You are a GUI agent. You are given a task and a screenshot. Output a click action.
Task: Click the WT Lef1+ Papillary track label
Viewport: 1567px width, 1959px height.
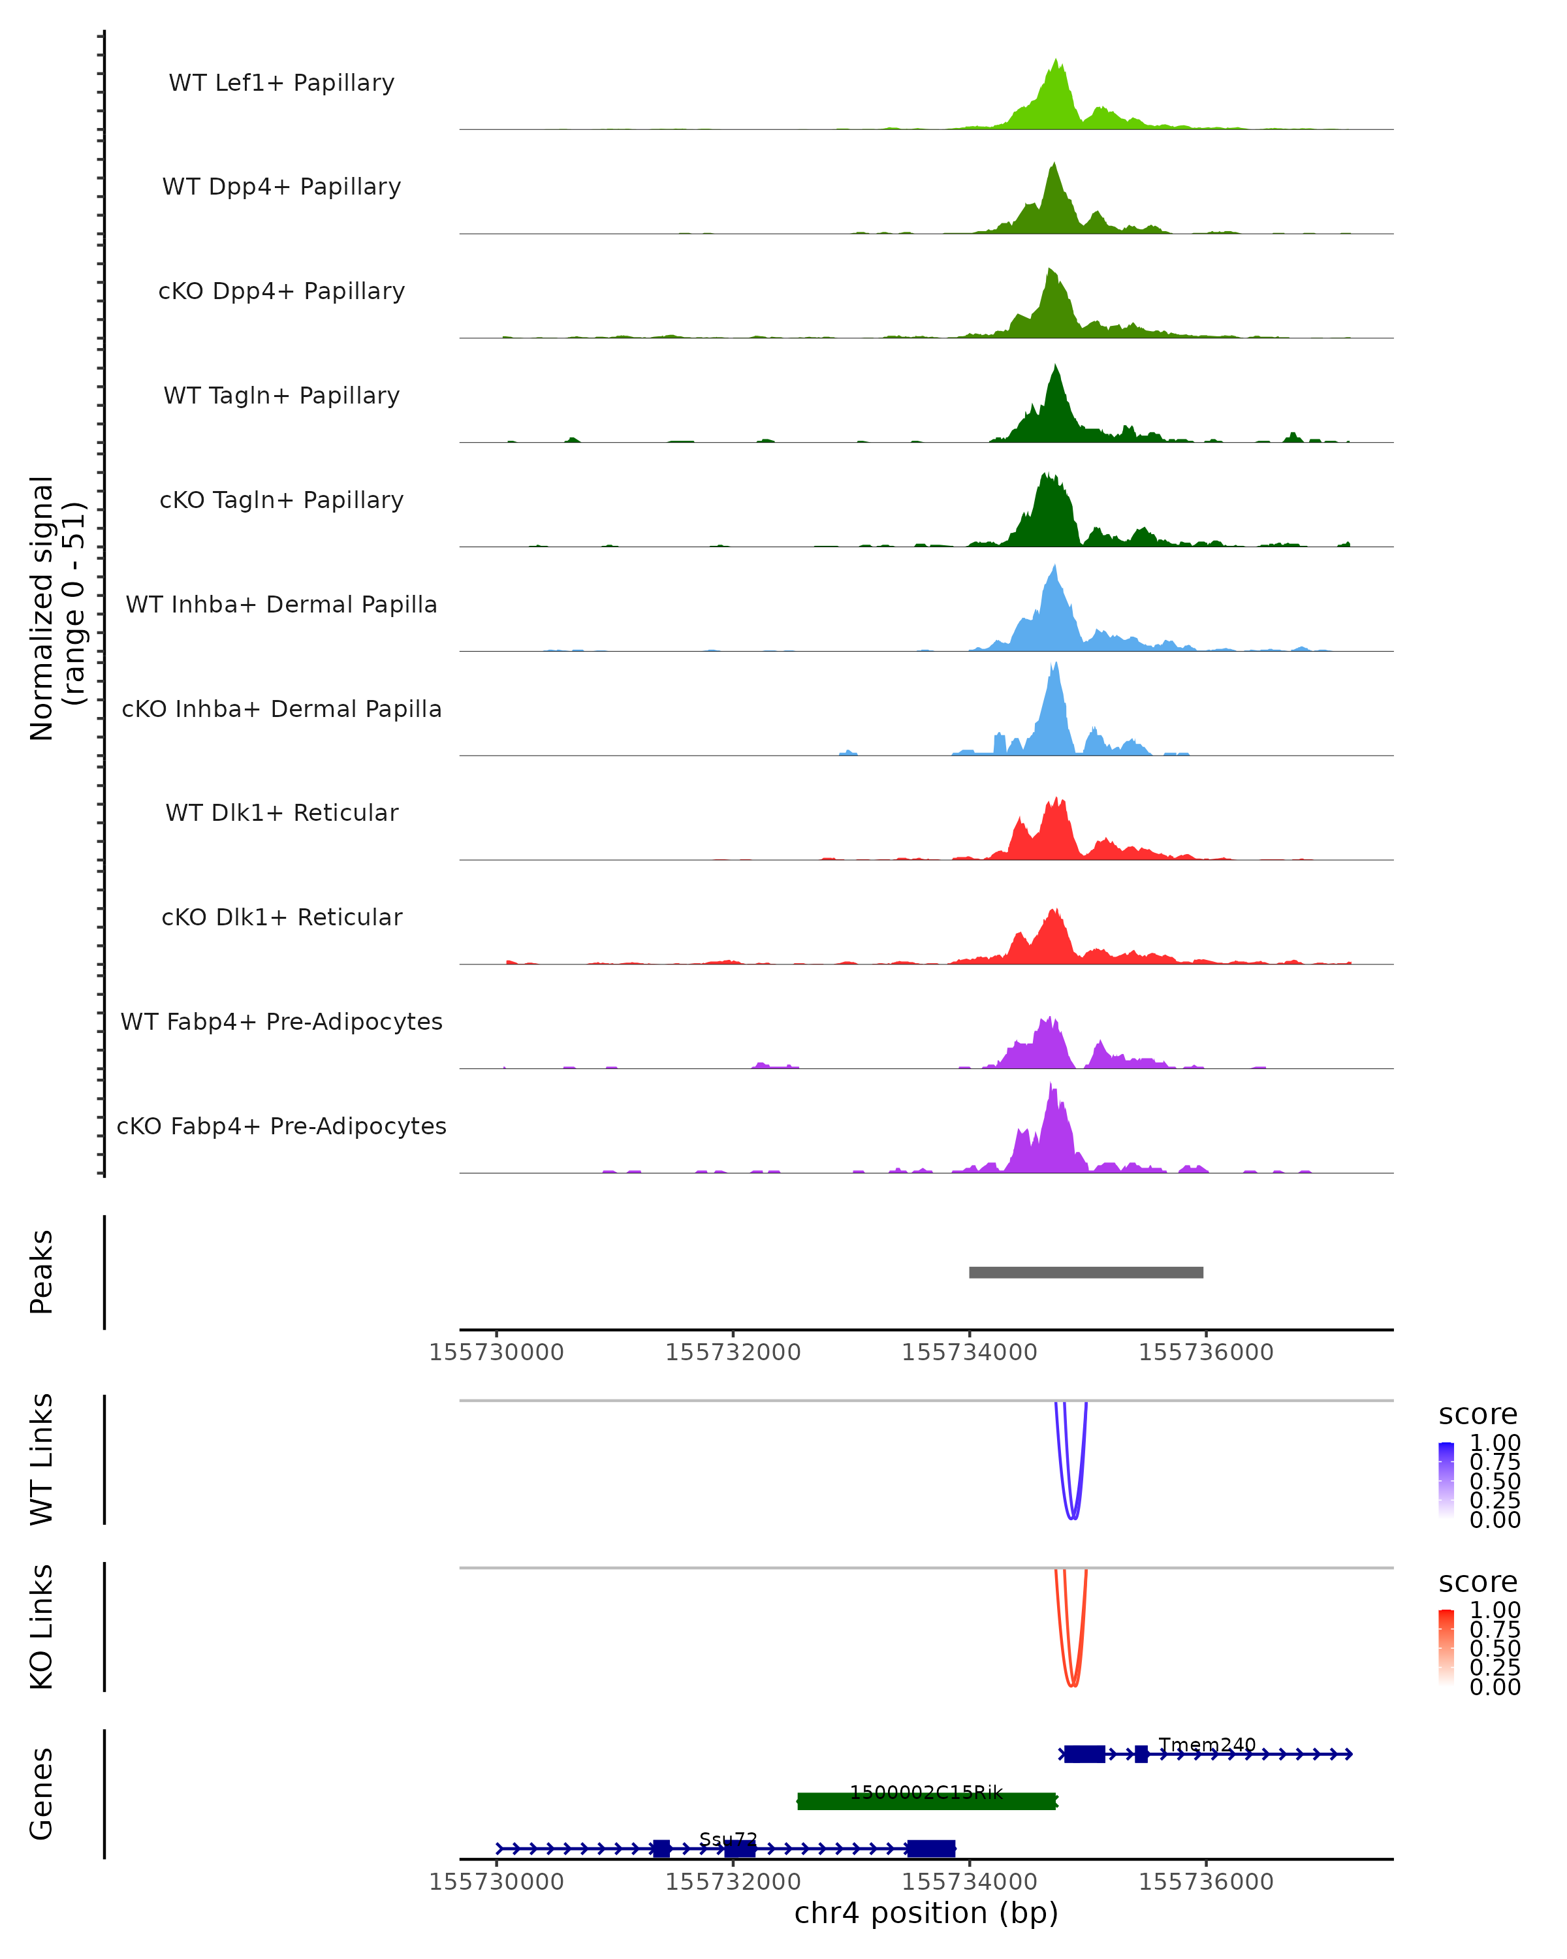pos(281,83)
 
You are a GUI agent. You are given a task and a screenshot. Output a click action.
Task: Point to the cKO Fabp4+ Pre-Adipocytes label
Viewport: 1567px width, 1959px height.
pos(281,1126)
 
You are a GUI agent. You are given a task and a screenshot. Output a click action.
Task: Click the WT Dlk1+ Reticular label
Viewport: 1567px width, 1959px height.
pos(281,812)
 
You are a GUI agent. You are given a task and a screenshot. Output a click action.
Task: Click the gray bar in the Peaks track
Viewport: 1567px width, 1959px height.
pos(1086,1272)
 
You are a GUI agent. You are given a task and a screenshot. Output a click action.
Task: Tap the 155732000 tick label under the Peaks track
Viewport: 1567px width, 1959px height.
pos(733,1352)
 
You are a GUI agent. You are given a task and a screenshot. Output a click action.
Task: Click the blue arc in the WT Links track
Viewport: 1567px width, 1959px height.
pos(1073,1518)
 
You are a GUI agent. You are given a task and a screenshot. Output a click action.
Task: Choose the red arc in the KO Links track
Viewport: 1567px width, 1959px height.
pos(1073,1685)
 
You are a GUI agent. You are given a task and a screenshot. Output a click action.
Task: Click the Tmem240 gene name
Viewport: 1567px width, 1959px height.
pos(1207,1745)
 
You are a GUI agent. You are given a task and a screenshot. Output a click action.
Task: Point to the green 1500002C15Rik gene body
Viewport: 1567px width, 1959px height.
pos(926,1801)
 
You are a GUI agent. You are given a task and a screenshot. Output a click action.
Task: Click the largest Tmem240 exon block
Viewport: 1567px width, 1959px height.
pos(1084,1754)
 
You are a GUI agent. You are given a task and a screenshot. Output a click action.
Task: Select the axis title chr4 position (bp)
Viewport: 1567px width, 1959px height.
pos(926,1913)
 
